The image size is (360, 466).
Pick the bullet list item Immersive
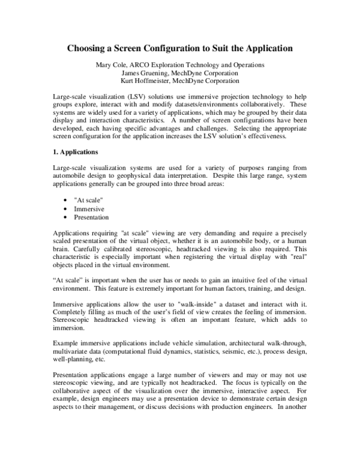(89, 209)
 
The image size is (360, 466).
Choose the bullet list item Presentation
(92, 217)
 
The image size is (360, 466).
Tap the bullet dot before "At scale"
(64, 201)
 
